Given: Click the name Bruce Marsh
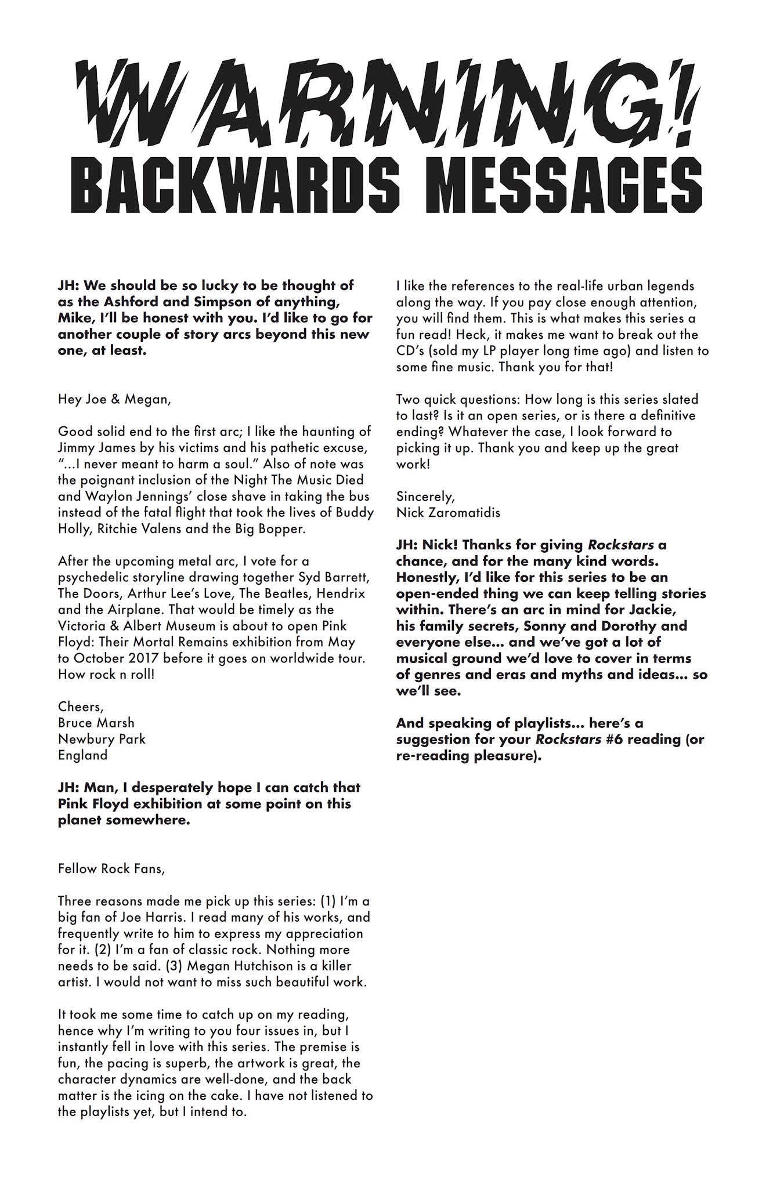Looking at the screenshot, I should click(x=96, y=723).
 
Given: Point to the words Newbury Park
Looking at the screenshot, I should click(x=102, y=739).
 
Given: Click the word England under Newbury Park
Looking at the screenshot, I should click(x=82, y=755).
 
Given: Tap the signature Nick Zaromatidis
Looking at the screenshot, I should click(x=448, y=513).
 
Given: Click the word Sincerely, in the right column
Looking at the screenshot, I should click(x=424, y=497).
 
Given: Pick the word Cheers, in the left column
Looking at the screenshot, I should click(x=81, y=707).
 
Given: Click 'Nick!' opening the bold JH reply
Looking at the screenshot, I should click(x=440, y=545).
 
